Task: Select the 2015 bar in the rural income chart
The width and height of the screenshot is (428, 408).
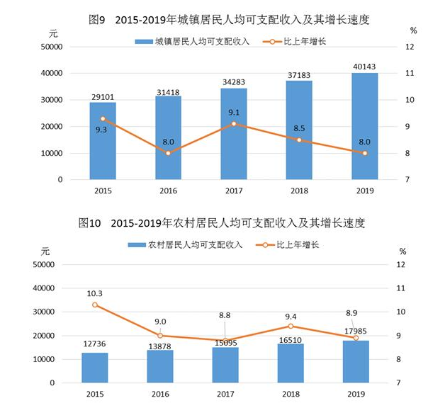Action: tap(95, 368)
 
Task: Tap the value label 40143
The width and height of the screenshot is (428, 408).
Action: tap(364, 66)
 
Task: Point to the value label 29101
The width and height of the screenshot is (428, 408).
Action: tap(103, 95)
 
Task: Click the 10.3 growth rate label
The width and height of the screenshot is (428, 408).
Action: tap(95, 293)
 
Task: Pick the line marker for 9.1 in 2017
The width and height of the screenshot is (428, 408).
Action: tap(234, 124)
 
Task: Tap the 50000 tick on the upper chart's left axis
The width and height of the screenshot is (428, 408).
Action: tap(50, 47)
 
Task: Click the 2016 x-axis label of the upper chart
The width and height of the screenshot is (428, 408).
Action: tap(168, 191)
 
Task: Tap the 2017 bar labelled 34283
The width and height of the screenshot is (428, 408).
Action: tap(234, 134)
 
